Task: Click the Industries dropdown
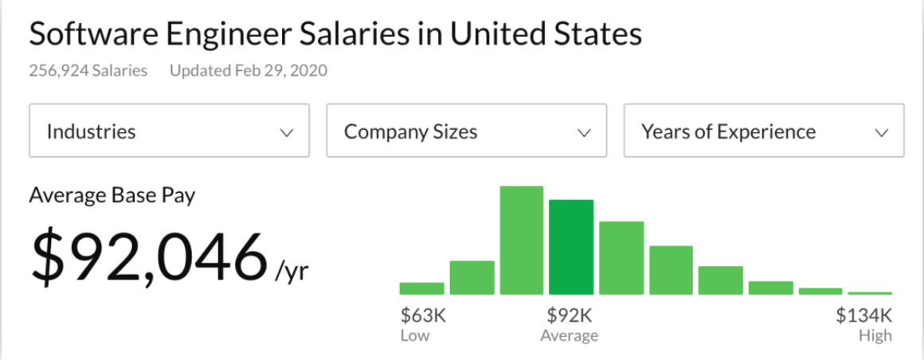169,131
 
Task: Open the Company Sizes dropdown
466,131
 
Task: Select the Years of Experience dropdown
763,131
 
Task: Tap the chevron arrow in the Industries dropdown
287,133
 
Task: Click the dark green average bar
571,247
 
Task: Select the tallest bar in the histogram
521,241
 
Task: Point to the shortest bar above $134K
870,293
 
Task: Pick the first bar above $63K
421,288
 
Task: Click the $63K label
422,315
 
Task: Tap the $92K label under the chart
569,315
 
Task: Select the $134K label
863,315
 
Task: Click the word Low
414,335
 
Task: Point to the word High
875,335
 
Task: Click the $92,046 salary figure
147,256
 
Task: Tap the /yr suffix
292,272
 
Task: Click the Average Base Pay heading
112,195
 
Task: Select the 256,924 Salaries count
88,71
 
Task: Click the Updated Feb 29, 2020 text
249,71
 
